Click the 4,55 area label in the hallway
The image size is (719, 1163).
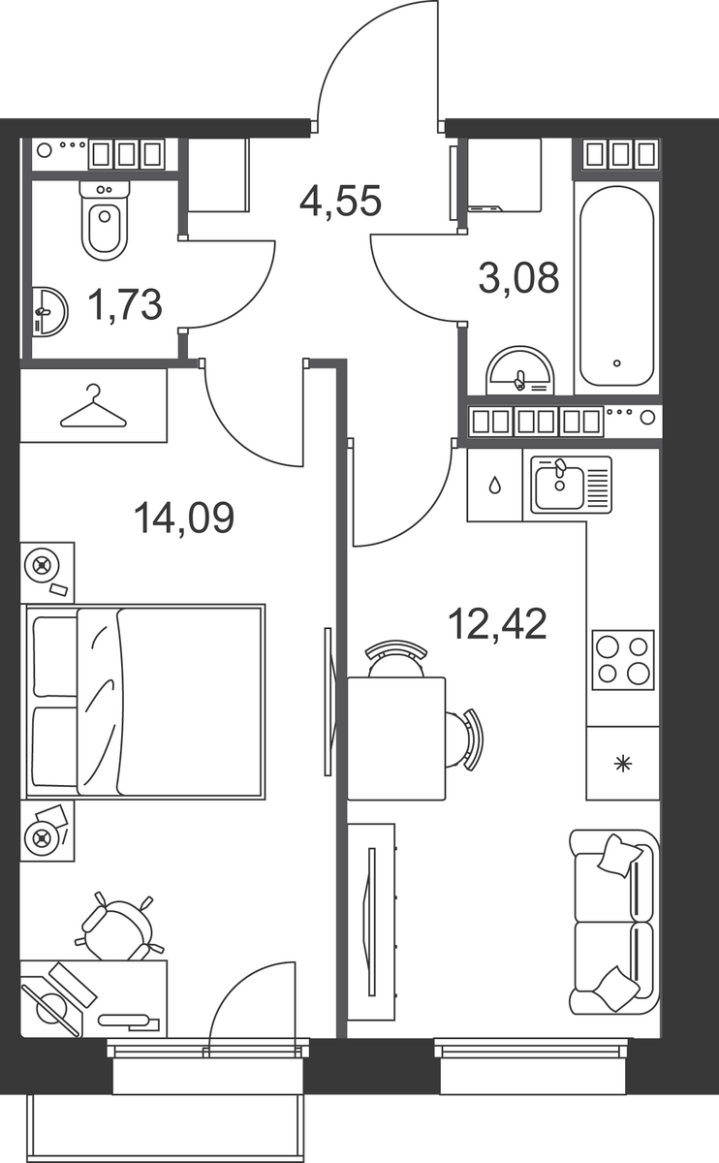(340, 201)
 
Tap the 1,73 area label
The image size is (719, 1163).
(125, 304)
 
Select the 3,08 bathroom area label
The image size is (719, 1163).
(518, 278)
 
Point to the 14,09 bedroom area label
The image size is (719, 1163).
(184, 518)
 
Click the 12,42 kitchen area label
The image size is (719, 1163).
(497, 624)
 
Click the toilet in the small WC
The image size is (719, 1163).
(105, 220)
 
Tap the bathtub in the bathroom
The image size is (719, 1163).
(616, 286)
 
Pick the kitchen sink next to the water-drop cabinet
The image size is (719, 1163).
(571, 485)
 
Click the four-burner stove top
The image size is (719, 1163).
(623, 660)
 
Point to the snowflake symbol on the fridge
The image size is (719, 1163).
(622, 764)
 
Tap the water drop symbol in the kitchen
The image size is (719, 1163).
(495, 486)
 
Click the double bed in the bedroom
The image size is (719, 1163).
(146, 702)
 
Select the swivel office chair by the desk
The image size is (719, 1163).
(119, 927)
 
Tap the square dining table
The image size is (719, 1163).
(396, 739)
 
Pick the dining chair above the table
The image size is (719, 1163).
(396, 658)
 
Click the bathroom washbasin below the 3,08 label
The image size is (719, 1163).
(520, 370)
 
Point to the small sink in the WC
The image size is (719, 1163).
(49, 312)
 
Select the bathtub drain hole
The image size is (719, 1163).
(616, 363)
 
